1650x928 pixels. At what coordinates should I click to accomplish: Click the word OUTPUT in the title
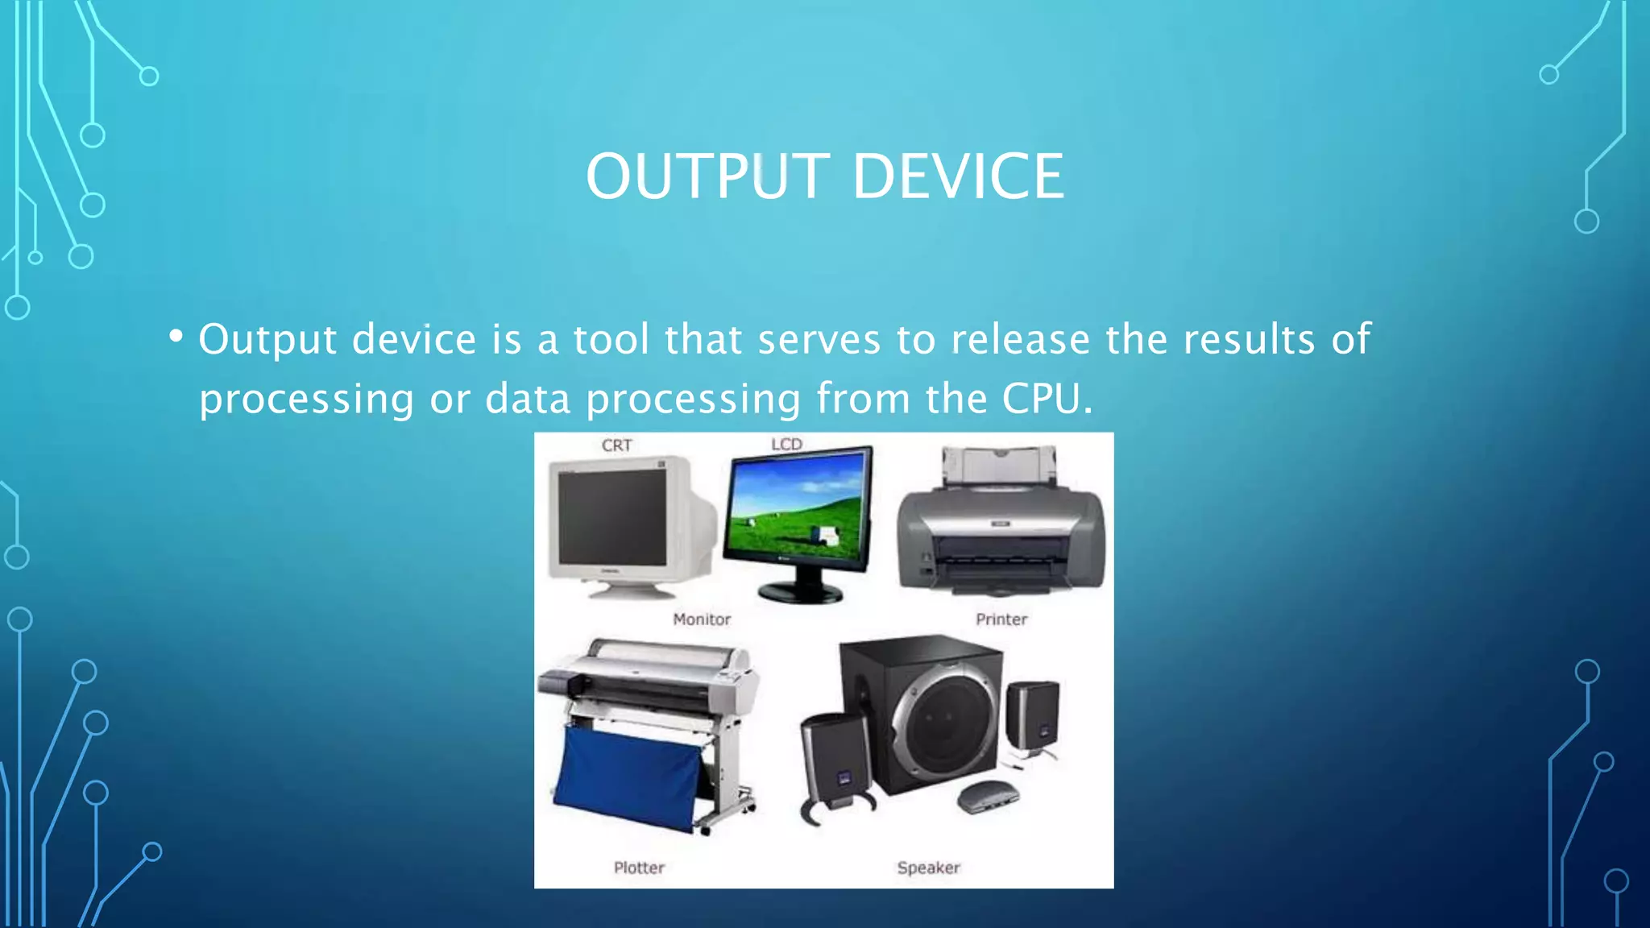pyautogui.click(x=707, y=176)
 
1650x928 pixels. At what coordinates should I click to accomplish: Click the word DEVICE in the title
pyautogui.click(x=958, y=176)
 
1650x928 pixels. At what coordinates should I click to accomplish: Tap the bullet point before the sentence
pyautogui.click(x=176, y=336)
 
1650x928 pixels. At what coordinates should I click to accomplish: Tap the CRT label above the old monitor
pyautogui.click(x=617, y=445)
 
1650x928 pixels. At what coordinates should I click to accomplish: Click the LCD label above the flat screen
pyautogui.click(x=786, y=444)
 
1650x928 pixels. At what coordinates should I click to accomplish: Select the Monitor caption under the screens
pyautogui.click(x=702, y=619)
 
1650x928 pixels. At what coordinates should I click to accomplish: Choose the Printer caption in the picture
pyautogui.click(x=1001, y=619)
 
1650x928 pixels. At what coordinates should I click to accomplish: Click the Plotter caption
pyautogui.click(x=639, y=868)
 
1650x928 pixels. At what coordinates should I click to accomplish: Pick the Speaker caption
pyautogui.click(x=928, y=868)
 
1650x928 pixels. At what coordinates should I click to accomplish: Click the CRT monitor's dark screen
pyautogui.click(x=612, y=516)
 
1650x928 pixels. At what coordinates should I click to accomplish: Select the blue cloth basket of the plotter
pyautogui.click(x=628, y=777)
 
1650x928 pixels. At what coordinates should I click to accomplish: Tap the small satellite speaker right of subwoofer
pyautogui.click(x=1033, y=715)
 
